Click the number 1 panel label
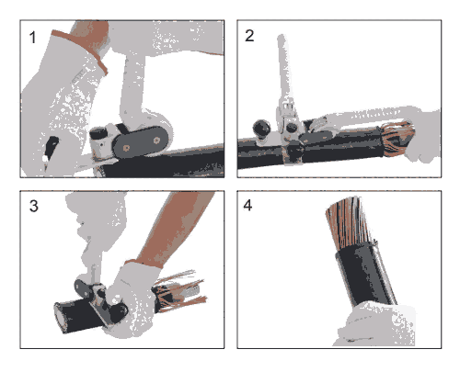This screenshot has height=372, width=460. [32, 38]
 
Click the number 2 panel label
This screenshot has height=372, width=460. [249, 36]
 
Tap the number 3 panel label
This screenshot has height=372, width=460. [34, 206]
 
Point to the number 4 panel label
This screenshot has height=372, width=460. [247, 205]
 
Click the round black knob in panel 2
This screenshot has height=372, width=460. [261, 128]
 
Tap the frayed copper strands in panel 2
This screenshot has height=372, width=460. [397, 138]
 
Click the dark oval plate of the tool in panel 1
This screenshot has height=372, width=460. [141, 142]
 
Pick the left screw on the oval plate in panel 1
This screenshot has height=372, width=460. [126, 148]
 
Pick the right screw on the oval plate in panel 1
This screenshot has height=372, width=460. [156, 141]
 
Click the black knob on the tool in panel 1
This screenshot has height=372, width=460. [98, 133]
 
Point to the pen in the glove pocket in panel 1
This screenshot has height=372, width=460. [49, 152]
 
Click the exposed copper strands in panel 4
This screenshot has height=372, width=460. [348, 222]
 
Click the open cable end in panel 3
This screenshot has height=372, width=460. [61, 318]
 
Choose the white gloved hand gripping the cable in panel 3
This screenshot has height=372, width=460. [131, 300]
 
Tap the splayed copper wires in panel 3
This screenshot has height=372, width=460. [178, 291]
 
